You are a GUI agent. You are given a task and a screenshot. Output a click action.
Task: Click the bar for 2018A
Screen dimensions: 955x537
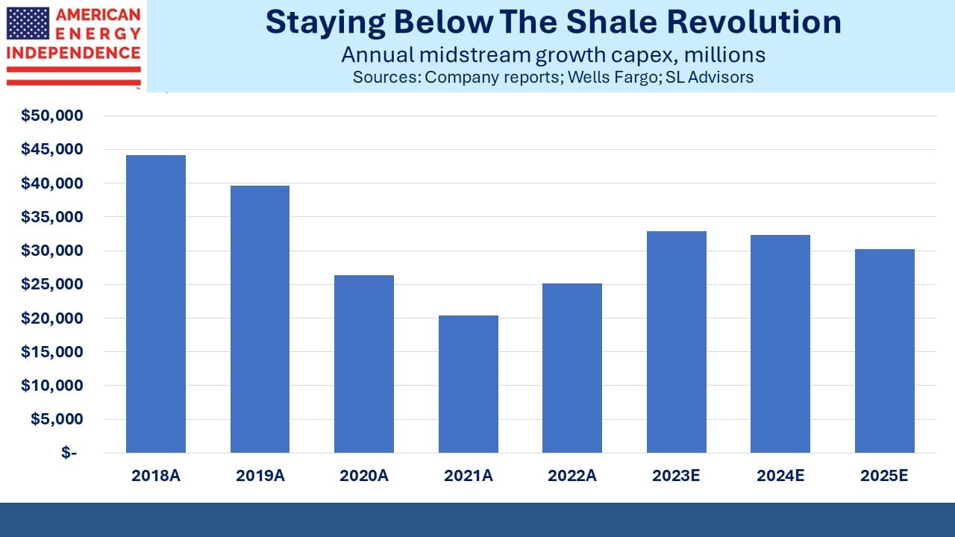tap(156, 304)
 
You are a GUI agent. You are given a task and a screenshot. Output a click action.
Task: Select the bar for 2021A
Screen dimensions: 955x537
tap(468, 384)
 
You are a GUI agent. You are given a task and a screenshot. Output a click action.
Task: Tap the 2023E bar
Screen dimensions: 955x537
tap(676, 342)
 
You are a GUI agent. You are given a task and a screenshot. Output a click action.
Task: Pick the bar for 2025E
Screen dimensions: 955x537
tap(885, 351)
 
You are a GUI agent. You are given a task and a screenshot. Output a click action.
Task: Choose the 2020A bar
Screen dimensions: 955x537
tap(364, 364)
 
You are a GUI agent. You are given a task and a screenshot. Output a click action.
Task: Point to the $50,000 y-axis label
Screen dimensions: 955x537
tap(52, 115)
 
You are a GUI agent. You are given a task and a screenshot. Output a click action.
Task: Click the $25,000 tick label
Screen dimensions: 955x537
tap(52, 284)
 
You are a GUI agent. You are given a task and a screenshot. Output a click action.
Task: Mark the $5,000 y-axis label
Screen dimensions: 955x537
tap(57, 418)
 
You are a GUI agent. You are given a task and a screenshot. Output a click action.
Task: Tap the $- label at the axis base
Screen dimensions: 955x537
tap(69, 452)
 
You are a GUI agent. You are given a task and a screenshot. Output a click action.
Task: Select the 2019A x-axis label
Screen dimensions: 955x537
tap(260, 476)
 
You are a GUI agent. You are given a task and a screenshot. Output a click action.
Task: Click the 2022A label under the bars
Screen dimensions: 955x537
tap(572, 476)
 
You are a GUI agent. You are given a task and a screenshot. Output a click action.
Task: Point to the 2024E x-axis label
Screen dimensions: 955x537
tap(780, 476)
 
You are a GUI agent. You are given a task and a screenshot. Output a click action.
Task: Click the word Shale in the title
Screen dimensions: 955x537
tap(612, 22)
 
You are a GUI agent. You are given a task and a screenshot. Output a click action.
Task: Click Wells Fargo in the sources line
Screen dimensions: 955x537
tap(613, 77)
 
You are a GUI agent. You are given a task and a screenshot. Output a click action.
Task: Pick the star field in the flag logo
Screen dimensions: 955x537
tap(28, 23)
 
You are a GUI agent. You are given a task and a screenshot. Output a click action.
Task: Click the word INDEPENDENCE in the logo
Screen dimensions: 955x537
tap(74, 53)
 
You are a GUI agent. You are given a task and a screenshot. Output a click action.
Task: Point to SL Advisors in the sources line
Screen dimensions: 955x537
tap(710, 77)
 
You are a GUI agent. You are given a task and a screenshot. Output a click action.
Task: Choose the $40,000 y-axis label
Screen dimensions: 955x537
tap(52, 183)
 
